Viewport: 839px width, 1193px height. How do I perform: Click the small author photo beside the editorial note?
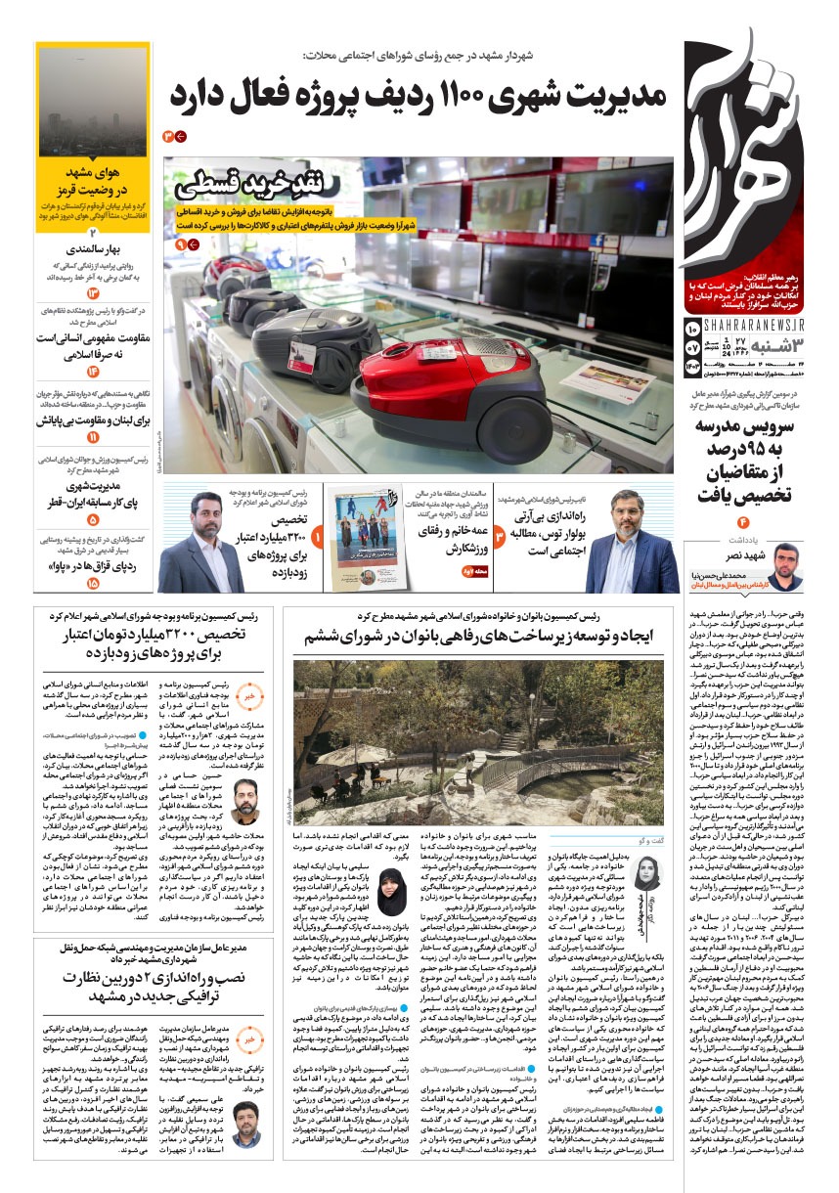[786, 565]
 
